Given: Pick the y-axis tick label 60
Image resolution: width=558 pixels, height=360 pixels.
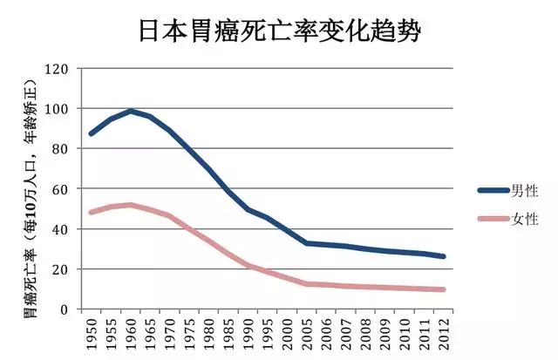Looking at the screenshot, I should [58, 189].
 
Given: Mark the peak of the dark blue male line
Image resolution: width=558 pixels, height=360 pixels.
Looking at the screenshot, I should [131, 111].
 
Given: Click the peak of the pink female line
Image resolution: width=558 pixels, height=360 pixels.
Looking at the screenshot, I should [131, 205].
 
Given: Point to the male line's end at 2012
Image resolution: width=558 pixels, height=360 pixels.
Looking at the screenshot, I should [444, 257].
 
